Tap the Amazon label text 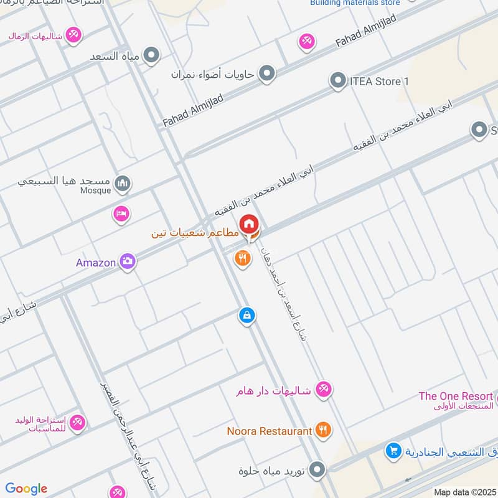pos(96,263)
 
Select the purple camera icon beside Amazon pos(128,262)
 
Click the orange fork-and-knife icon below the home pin pos(243,258)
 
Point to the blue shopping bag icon pos(247,316)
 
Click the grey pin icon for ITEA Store pos(337,81)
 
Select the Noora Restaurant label pos(270,431)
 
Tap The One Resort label pos(456,396)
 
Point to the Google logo pos(26,489)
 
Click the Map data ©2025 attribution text pos(466,492)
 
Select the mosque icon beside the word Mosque pos(123,183)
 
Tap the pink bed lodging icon pos(121,214)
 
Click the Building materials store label pos(355,3)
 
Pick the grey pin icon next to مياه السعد pos(151,57)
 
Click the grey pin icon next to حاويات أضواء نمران pos(267,74)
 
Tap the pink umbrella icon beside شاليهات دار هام pos(323,390)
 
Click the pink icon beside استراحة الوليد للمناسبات pos(77,423)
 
